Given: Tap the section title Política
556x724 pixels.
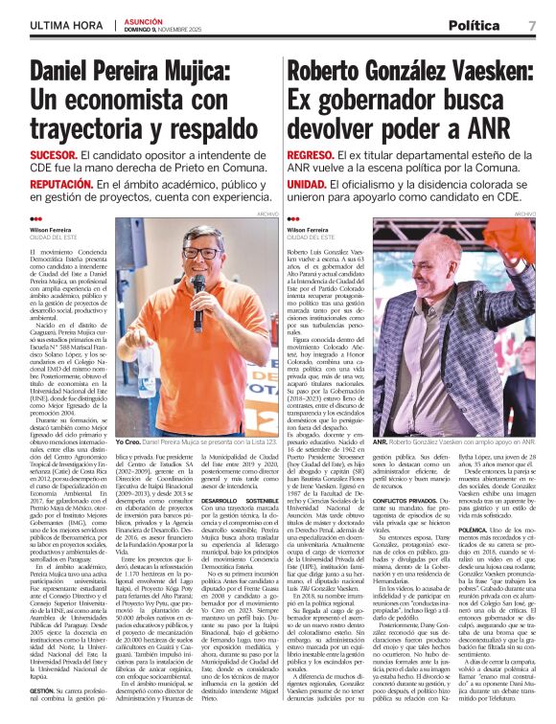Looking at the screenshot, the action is point(473,25).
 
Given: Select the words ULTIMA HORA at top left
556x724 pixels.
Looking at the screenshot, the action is point(64,25).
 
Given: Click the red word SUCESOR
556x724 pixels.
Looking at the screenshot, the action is point(54,154).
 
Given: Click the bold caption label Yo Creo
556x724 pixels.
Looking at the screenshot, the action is point(128,442).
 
